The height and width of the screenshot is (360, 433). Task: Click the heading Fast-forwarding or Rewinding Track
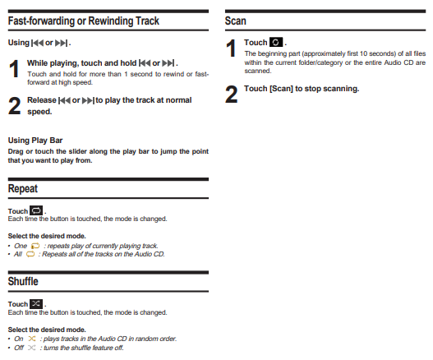pos(84,21)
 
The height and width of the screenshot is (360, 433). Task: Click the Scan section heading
pos(235,21)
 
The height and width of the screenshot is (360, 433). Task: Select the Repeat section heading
pos(23,189)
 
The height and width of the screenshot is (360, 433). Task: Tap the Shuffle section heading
pos(23,281)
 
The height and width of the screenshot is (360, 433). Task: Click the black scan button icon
pos(276,42)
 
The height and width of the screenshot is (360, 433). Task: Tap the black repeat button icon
pos(36,210)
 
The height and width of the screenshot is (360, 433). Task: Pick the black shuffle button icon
pos(36,303)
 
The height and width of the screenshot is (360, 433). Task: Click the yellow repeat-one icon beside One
pos(35,246)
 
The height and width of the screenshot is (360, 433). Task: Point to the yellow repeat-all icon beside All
pos(30,254)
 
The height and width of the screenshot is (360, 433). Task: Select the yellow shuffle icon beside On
pos(32,339)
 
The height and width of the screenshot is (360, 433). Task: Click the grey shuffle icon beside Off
pos(32,348)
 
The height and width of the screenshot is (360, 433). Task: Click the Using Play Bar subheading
pos(35,141)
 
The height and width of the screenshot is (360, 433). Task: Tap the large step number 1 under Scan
pos(231,48)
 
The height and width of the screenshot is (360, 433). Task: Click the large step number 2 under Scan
pos(231,95)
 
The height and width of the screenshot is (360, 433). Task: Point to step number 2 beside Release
pos(14,106)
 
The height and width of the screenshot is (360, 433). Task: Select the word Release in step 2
pos(42,100)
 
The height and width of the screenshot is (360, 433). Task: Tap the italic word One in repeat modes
pos(21,246)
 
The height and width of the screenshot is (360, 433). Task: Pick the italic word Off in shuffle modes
pos(19,348)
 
